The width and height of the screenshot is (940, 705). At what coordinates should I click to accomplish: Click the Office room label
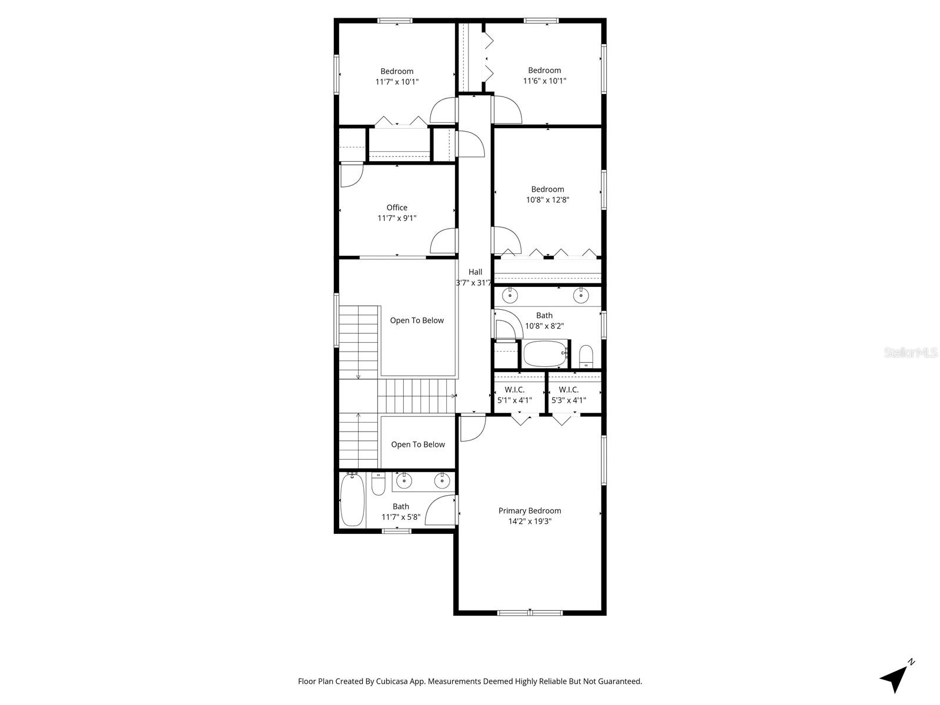click(397, 208)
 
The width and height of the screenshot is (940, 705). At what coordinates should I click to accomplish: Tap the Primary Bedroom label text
click(530, 511)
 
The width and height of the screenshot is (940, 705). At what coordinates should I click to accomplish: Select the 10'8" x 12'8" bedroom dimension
click(547, 200)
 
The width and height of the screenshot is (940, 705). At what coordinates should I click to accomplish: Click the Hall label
click(475, 272)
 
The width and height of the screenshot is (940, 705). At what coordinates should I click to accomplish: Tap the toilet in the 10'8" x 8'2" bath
click(586, 356)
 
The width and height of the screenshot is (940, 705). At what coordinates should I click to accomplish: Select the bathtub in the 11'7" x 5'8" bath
click(352, 500)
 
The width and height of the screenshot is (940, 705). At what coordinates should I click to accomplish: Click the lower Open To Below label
click(418, 445)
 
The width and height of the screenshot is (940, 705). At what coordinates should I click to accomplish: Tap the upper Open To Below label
click(417, 320)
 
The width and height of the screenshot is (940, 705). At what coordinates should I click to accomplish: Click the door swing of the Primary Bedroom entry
click(472, 428)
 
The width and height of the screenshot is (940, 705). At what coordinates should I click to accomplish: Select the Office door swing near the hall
click(444, 241)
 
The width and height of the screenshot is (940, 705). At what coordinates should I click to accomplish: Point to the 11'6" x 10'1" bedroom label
click(544, 71)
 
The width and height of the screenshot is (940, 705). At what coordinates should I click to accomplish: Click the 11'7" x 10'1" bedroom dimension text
click(397, 82)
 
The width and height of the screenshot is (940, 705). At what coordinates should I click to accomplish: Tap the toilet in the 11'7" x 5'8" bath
click(378, 485)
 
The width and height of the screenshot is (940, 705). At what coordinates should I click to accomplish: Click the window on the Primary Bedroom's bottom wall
click(530, 613)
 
